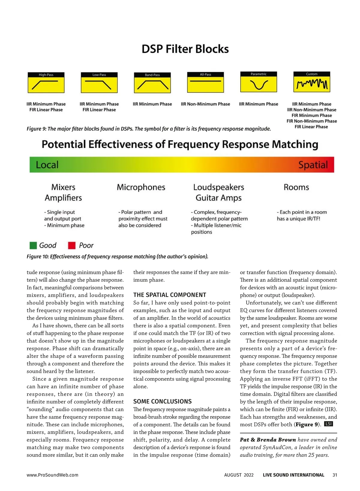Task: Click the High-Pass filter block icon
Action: (46, 83)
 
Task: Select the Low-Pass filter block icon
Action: (99, 83)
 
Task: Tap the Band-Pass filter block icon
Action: (152, 83)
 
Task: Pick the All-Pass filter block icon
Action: (205, 82)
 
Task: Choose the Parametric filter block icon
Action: (259, 82)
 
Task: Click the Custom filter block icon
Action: (312, 82)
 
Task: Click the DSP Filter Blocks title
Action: (185, 49)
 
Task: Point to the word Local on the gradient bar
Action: (47, 165)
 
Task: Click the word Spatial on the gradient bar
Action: (313, 165)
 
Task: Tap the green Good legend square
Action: (33, 245)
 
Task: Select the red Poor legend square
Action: (72, 245)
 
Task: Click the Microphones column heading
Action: (141, 187)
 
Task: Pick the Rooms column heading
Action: (296, 187)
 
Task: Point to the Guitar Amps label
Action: (218, 198)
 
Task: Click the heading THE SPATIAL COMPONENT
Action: (170, 295)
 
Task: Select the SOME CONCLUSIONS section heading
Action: (162, 401)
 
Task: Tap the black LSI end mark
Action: (329, 424)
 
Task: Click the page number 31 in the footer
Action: (335, 475)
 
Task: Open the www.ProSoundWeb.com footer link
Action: (52, 475)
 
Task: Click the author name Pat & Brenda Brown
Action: (268, 440)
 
